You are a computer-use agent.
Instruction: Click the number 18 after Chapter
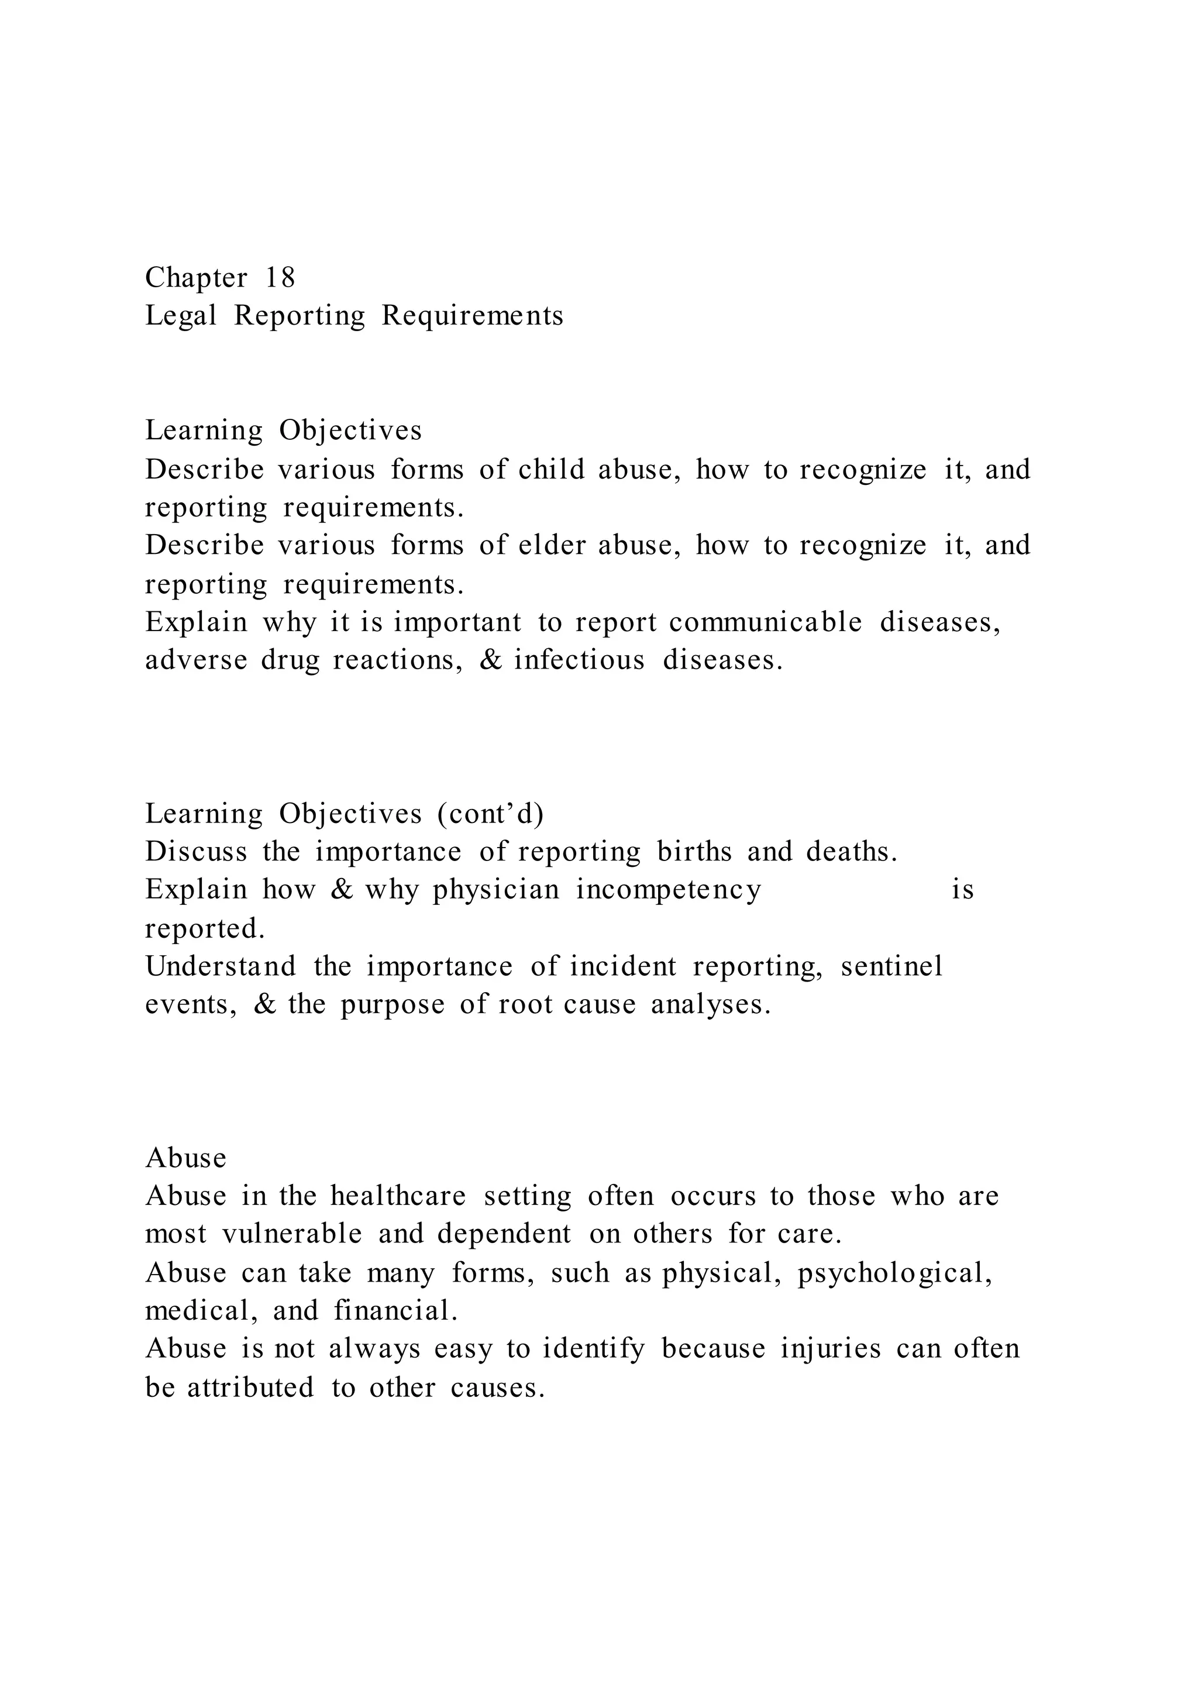[x=280, y=278]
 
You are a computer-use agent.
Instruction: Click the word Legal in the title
[x=181, y=316]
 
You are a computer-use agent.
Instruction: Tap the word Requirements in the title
[x=472, y=316]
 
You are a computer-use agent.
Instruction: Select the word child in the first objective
[x=552, y=469]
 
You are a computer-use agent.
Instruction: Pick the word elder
[x=552, y=545]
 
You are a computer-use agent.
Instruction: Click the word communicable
[x=766, y=622]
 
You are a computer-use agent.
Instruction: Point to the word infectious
[x=580, y=660]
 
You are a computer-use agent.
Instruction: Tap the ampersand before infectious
[x=490, y=660]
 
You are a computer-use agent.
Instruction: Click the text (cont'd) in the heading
[x=491, y=813]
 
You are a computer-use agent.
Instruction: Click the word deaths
[x=852, y=852]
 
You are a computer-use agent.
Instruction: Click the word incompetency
[x=669, y=890]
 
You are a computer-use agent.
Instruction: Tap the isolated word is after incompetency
[x=963, y=890]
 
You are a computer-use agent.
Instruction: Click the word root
[x=525, y=1004]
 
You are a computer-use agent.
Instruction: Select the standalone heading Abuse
[x=186, y=1158]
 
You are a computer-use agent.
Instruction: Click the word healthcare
[x=398, y=1196]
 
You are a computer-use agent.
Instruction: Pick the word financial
[x=396, y=1311]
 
